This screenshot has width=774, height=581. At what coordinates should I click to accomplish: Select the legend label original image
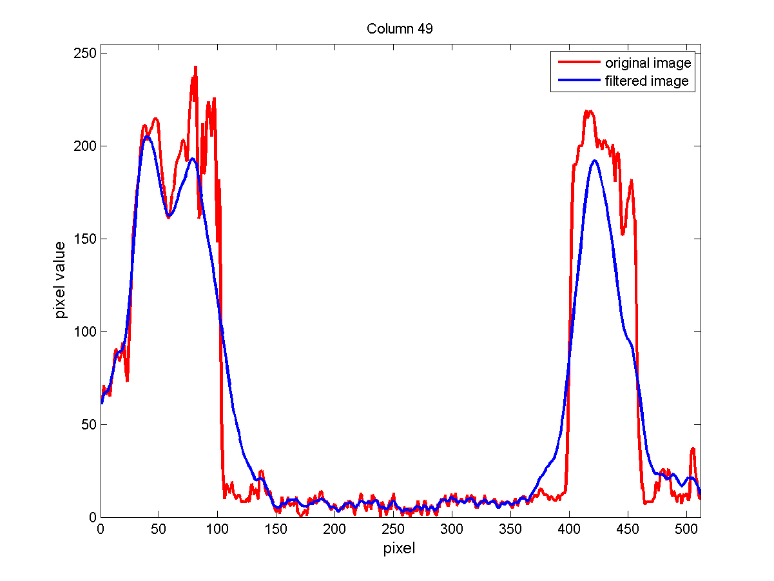[x=648, y=63]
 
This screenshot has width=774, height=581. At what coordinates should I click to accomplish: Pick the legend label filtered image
[x=646, y=81]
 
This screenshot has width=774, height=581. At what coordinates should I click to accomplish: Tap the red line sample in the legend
[x=576, y=63]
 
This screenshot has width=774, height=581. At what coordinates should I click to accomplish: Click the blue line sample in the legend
[x=576, y=81]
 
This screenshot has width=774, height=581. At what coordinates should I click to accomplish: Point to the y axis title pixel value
[x=60, y=280]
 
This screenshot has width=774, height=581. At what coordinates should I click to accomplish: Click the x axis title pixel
[x=400, y=549]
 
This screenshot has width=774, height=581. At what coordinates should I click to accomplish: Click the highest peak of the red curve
[x=195, y=66]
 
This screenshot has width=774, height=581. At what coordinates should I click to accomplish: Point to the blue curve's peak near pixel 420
[x=594, y=161]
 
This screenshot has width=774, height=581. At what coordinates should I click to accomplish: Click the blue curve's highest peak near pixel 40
[x=148, y=137]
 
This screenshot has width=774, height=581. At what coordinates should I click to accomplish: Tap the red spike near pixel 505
[x=693, y=448]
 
